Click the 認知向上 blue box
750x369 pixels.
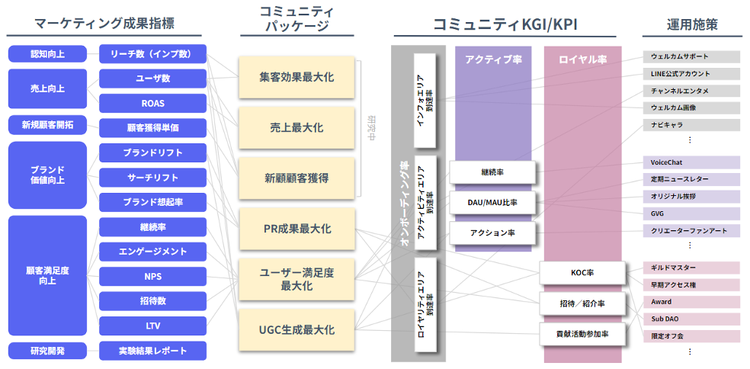coord(46,54)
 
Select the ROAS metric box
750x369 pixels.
coord(152,104)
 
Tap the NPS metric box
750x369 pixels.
coord(152,276)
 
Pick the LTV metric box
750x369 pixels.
coord(152,326)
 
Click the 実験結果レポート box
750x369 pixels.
coord(152,351)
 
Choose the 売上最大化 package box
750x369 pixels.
coord(296,128)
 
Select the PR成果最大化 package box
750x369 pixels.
coord(296,229)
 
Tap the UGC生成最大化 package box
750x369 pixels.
coord(296,330)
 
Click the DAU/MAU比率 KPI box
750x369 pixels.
coord(492,203)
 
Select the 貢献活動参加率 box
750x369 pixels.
coord(582,334)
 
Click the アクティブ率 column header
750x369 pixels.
coord(492,59)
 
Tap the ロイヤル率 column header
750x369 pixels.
coord(582,59)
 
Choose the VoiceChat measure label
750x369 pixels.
coord(691,162)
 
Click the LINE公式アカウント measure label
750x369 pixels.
coord(691,74)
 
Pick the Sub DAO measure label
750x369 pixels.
coord(691,319)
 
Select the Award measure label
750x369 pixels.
coord(691,302)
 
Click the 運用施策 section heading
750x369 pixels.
coord(691,24)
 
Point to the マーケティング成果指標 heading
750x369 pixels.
coord(104,24)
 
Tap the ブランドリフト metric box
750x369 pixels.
coord(152,152)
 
